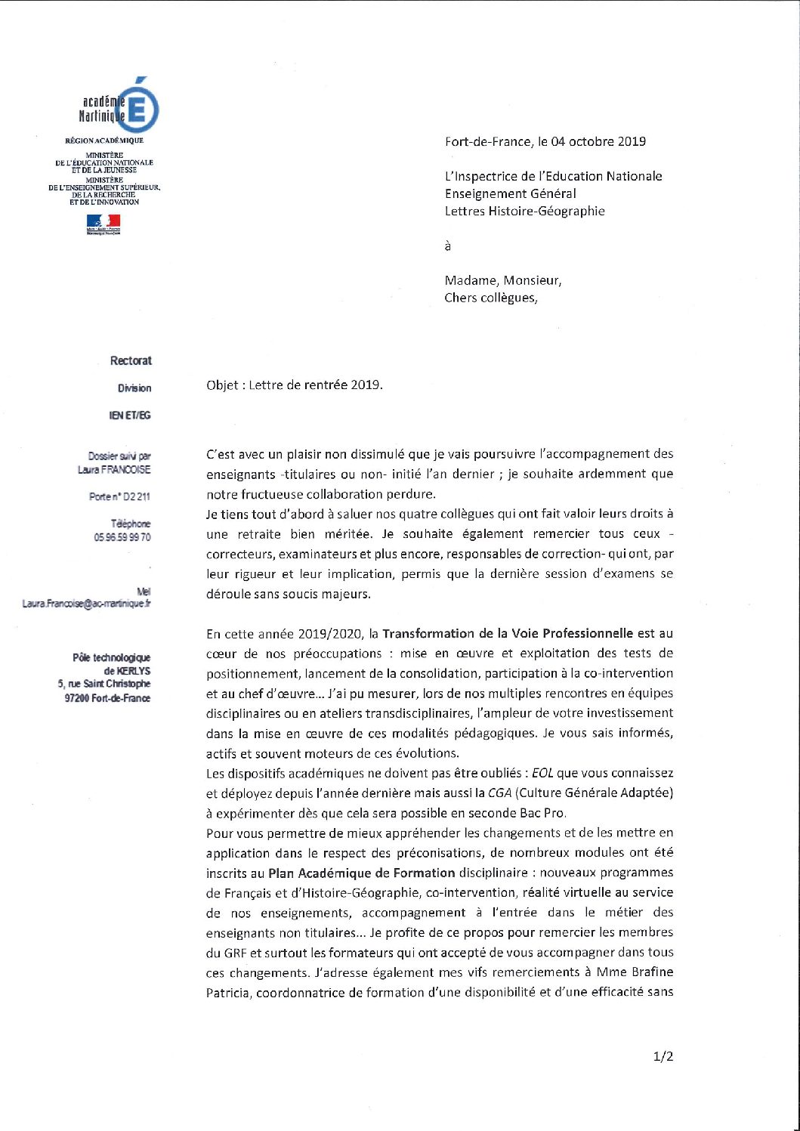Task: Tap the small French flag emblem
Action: [103, 224]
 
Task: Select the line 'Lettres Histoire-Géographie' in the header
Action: [524, 211]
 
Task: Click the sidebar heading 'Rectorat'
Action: [131, 361]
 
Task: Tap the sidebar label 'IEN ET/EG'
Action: [130, 416]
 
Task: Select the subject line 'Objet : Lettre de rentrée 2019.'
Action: [295, 385]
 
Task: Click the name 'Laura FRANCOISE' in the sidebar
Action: [114, 470]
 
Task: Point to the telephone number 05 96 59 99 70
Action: [122, 537]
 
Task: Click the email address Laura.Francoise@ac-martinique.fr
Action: [86, 604]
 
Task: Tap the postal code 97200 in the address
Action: [76, 698]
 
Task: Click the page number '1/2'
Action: [663, 1056]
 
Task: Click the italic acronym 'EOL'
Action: [542, 773]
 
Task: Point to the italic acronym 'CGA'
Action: [500, 793]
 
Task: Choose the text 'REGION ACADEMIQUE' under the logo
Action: [104, 141]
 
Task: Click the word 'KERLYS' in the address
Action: [134, 671]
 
